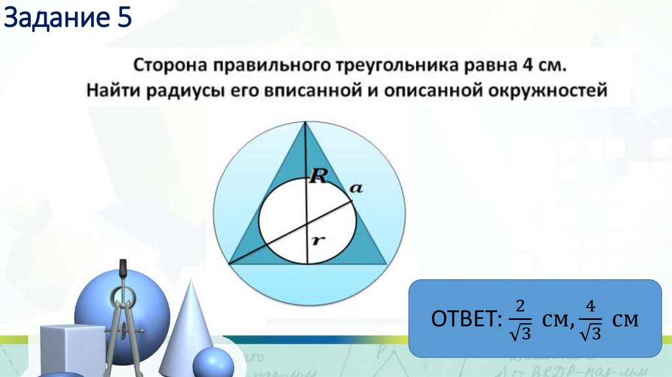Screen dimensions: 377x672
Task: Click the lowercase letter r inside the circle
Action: click(x=317, y=240)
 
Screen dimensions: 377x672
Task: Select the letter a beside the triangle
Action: click(x=356, y=188)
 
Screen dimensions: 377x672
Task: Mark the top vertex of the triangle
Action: click(x=306, y=122)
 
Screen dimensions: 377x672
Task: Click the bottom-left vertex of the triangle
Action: click(x=228, y=264)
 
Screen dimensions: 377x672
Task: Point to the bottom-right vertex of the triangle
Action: click(x=385, y=264)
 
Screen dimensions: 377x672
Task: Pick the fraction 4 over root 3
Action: click(x=590, y=319)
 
